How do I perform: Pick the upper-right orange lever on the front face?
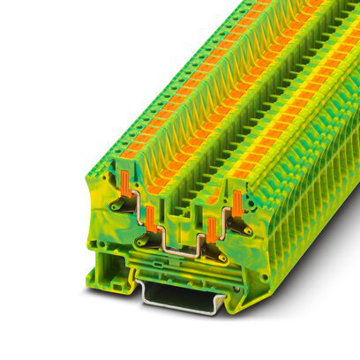tap(236, 200)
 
